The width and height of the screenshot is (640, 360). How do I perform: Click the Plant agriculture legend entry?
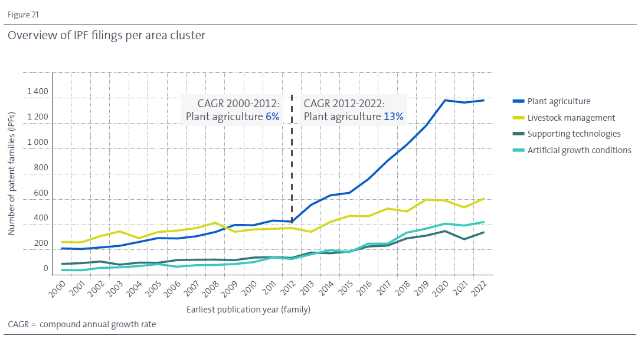551,101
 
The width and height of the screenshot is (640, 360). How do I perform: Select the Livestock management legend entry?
564,118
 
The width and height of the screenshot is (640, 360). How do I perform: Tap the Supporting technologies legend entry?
566,134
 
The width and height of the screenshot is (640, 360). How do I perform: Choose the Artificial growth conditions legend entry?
572,150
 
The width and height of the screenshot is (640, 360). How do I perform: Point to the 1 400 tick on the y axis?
38,91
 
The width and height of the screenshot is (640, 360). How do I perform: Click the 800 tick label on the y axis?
41,167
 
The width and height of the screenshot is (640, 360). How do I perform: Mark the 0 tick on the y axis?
46,268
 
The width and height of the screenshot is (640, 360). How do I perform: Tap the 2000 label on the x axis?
57,289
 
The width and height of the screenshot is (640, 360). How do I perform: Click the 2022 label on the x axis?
479,289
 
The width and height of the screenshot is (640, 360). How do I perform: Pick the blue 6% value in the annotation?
272,117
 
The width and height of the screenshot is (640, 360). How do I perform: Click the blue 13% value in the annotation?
393,117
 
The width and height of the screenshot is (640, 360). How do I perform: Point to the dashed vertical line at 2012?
292,159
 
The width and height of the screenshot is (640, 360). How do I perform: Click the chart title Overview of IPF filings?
106,35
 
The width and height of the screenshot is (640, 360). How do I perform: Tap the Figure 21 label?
23,15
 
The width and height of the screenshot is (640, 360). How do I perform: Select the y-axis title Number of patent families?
12,173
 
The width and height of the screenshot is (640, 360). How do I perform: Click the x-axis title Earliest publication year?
248,310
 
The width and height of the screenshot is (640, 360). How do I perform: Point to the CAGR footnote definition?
82,324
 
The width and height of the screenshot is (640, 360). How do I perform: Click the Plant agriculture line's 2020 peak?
445,100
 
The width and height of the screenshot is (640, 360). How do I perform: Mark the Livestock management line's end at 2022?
483,199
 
